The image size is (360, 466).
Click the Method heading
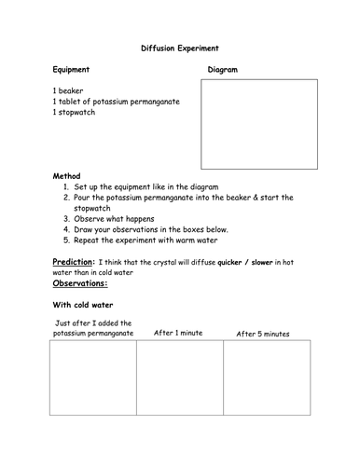(67, 174)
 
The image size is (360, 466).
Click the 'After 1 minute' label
(179, 333)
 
